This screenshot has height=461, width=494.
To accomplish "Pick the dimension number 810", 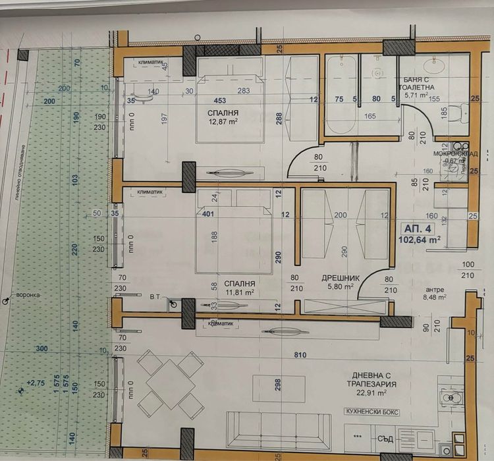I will [300, 356].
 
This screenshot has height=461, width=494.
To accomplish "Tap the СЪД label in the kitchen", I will [387, 435].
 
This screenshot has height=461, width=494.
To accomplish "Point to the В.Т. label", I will [155, 297].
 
